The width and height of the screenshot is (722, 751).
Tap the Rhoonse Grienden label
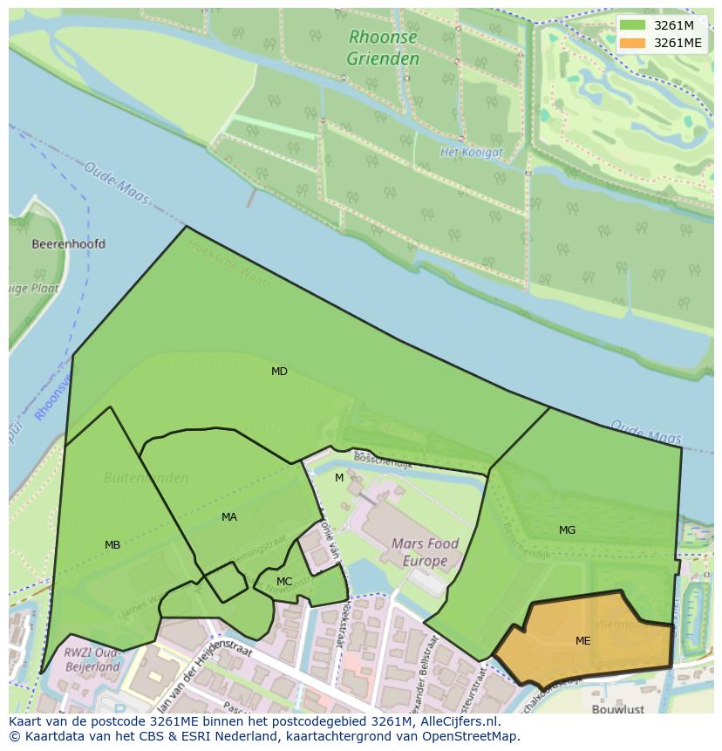click(x=383, y=48)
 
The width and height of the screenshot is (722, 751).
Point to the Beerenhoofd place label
click(x=68, y=244)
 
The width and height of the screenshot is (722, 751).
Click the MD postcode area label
click(x=279, y=372)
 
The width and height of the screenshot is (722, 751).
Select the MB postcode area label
click(x=112, y=545)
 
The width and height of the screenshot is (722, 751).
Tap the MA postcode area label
click(x=229, y=517)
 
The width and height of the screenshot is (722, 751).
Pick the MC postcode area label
click(x=284, y=582)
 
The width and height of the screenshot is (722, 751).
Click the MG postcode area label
click(x=567, y=530)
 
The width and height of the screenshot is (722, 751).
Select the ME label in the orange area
click(x=582, y=641)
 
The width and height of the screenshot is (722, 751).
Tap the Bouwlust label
click(x=617, y=709)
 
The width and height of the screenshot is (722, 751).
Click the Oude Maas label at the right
click(x=645, y=432)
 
